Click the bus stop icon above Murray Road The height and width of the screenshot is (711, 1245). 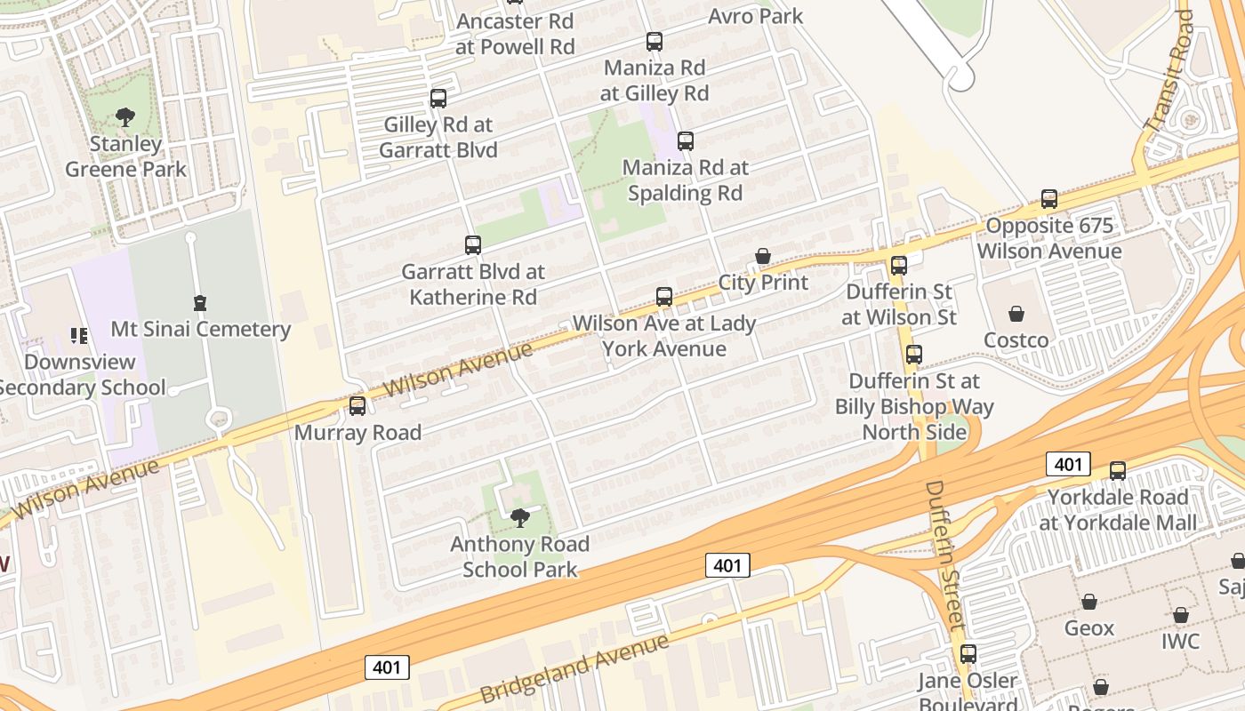point(357,406)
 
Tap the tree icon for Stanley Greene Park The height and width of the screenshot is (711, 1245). point(125,116)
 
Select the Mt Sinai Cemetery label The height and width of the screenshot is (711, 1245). point(200,329)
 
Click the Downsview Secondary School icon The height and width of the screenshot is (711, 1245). point(79,336)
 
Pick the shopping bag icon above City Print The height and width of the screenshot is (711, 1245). point(762,256)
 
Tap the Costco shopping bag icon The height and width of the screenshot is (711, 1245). point(1016,314)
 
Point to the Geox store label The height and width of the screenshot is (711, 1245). point(1088,628)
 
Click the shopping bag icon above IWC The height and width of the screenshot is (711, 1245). point(1180,615)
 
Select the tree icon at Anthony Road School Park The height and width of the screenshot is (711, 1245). point(520,517)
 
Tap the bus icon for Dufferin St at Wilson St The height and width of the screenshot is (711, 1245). point(899,265)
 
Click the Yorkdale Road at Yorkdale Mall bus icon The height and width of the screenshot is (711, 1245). point(1118,471)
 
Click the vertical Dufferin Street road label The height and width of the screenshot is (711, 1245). point(944,555)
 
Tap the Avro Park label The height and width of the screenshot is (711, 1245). point(755,16)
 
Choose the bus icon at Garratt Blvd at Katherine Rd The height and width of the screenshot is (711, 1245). point(473,245)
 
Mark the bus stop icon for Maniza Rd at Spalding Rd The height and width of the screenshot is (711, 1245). point(685,141)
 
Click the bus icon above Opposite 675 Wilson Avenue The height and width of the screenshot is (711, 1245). point(1049,199)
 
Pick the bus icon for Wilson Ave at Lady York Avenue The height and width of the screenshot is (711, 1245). point(664,297)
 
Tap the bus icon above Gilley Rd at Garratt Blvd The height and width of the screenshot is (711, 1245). point(438,99)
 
